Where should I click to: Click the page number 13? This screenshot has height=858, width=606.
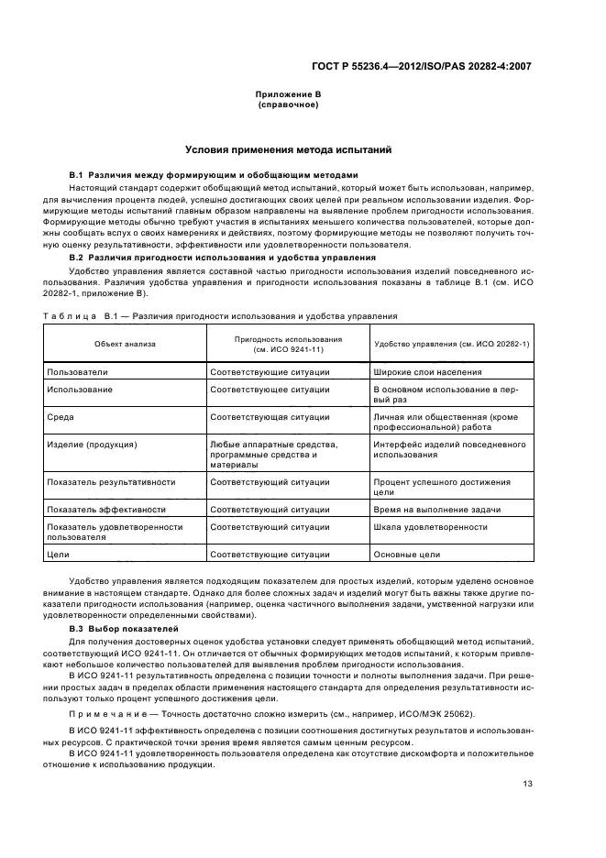527,783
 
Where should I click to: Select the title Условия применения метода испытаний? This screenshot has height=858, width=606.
288,148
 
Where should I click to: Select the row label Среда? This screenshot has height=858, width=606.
61,416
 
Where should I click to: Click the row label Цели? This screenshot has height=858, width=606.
58,555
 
